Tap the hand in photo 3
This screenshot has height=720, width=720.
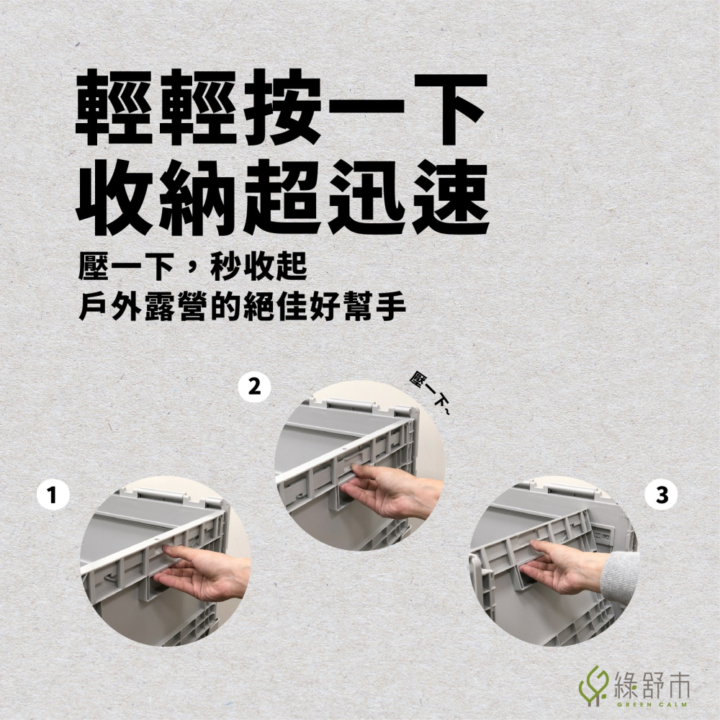pyautogui.click(x=569, y=569)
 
